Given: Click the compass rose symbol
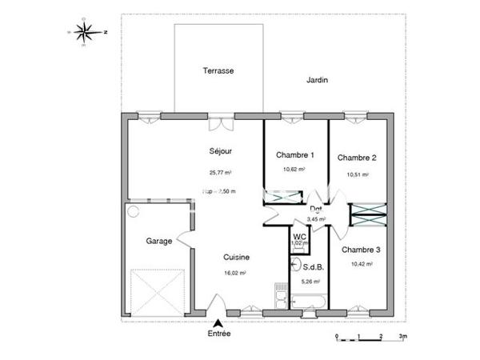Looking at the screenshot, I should (x=86, y=31).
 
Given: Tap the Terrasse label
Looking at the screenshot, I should (x=218, y=71).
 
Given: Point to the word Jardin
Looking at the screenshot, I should (x=318, y=80).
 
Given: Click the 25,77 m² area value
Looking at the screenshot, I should (x=220, y=173).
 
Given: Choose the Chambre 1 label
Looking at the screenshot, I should (x=295, y=155).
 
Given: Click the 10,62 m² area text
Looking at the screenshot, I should (x=295, y=170).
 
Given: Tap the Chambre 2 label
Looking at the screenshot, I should (x=357, y=158).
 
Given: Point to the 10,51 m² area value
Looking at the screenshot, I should (x=357, y=174).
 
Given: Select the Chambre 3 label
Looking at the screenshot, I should (x=361, y=250).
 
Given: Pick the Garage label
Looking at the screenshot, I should (x=158, y=241).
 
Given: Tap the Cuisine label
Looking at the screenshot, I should (x=236, y=258).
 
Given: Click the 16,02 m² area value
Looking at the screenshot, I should (x=235, y=273).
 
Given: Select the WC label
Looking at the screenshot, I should (x=300, y=238).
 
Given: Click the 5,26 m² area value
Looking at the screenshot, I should (x=310, y=282).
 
